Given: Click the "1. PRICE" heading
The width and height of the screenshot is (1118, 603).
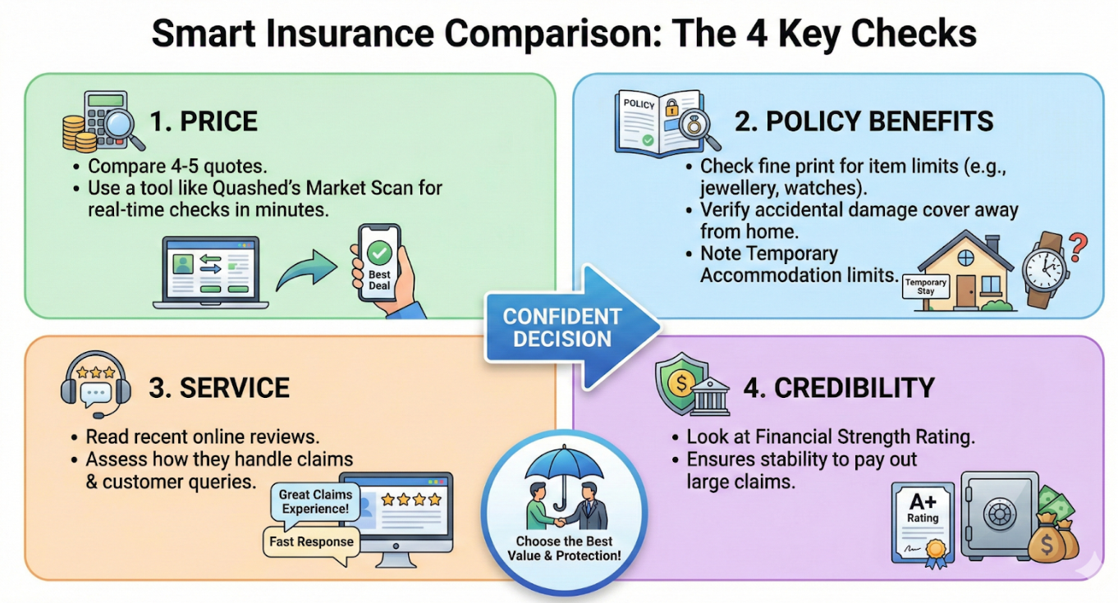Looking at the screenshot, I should point(203,121).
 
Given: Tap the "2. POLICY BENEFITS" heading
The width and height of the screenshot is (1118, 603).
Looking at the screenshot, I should point(864,121).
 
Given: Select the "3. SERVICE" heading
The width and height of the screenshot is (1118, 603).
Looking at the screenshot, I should point(218,387).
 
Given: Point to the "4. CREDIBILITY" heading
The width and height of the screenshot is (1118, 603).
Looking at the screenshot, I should point(838,387).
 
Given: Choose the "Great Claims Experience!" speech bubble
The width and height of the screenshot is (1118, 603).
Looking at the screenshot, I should point(315,501).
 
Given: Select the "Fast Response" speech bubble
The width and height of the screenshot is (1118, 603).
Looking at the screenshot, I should point(311,541).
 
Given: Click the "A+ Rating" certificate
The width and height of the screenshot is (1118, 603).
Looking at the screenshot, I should point(923,522).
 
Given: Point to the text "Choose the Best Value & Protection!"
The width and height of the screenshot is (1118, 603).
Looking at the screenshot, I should point(567,548).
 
